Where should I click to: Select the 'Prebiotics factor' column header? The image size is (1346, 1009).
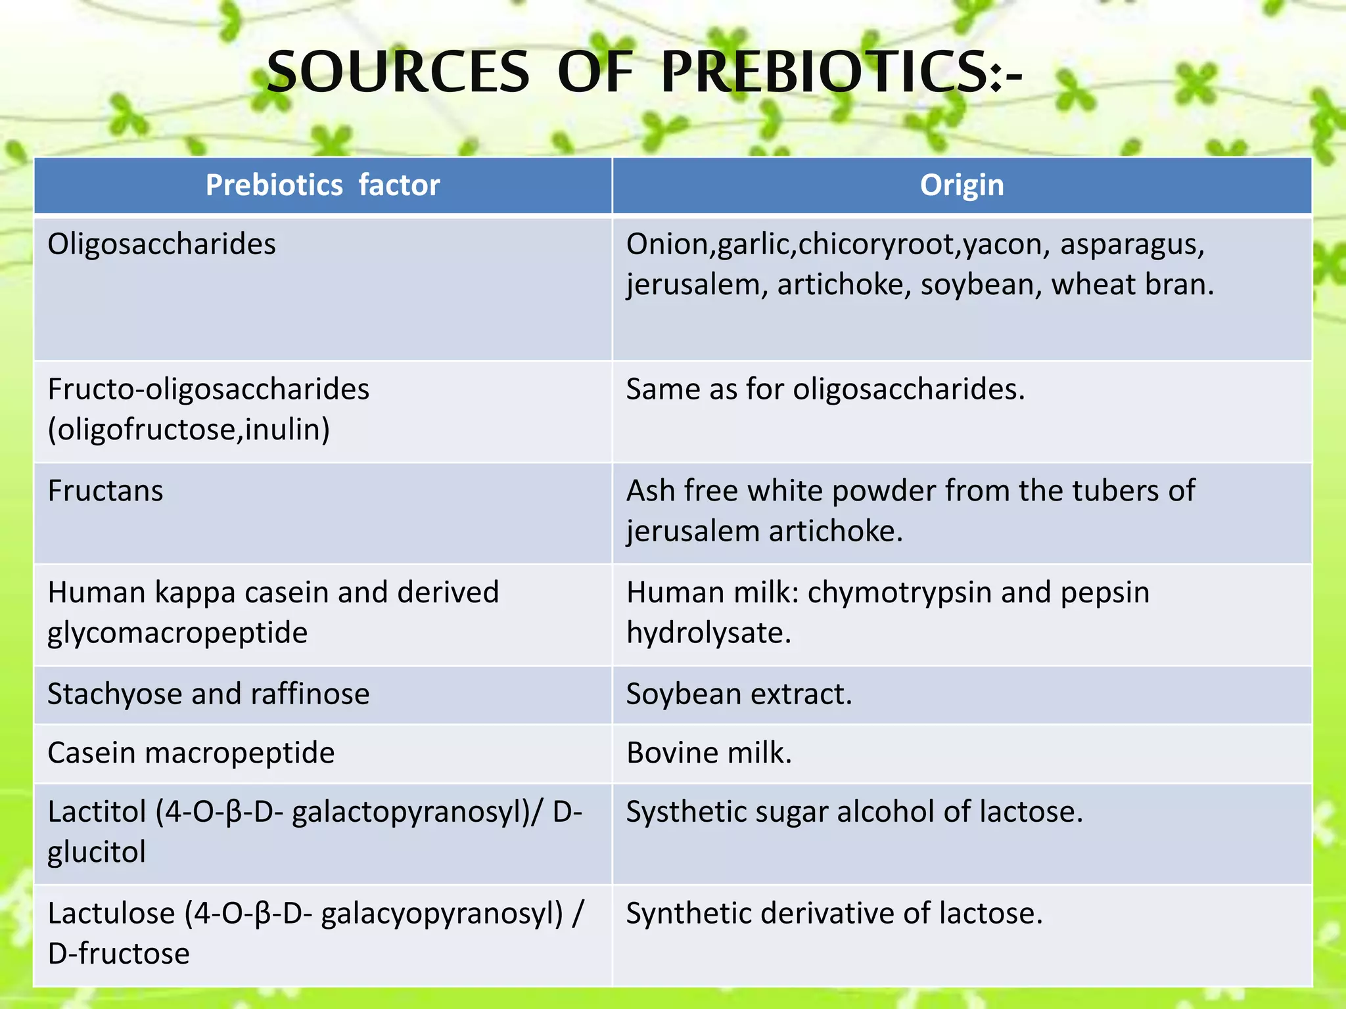coord(323,185)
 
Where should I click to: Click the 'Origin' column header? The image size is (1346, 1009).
coord(962,185)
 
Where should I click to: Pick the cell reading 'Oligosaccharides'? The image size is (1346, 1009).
coord(162,244)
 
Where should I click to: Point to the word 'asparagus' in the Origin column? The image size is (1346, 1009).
coord(1131,244)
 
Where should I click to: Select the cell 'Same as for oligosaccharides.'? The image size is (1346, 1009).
coord(825,390)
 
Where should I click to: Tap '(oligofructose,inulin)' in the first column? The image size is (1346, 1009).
coord(189,430)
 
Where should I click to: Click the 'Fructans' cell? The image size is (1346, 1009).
coord(105,491)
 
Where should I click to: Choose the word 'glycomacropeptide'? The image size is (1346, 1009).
coord(177,633)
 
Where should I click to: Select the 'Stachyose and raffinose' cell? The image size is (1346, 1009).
coord(208,694)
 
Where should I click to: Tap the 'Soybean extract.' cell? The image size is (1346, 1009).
coord(739,694)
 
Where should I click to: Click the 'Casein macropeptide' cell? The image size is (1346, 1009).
coord(191,753)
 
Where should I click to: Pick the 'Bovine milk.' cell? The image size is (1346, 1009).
coord(708,753)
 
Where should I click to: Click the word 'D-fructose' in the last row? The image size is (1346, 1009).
coord(118,954)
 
